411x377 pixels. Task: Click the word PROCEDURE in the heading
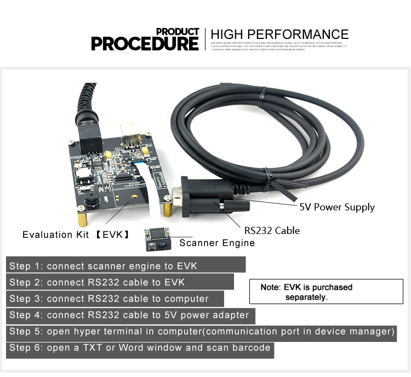[145, 43]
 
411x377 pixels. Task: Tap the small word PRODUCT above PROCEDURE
[178, 31]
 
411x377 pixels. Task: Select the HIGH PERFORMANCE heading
[279, 35]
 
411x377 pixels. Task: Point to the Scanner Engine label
[217, 243]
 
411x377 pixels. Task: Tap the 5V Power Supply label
[336, 207]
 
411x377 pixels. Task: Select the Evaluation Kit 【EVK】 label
[76, 235]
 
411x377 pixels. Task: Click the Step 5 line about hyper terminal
[202, 332]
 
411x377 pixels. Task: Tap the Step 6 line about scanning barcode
[140, 348]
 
